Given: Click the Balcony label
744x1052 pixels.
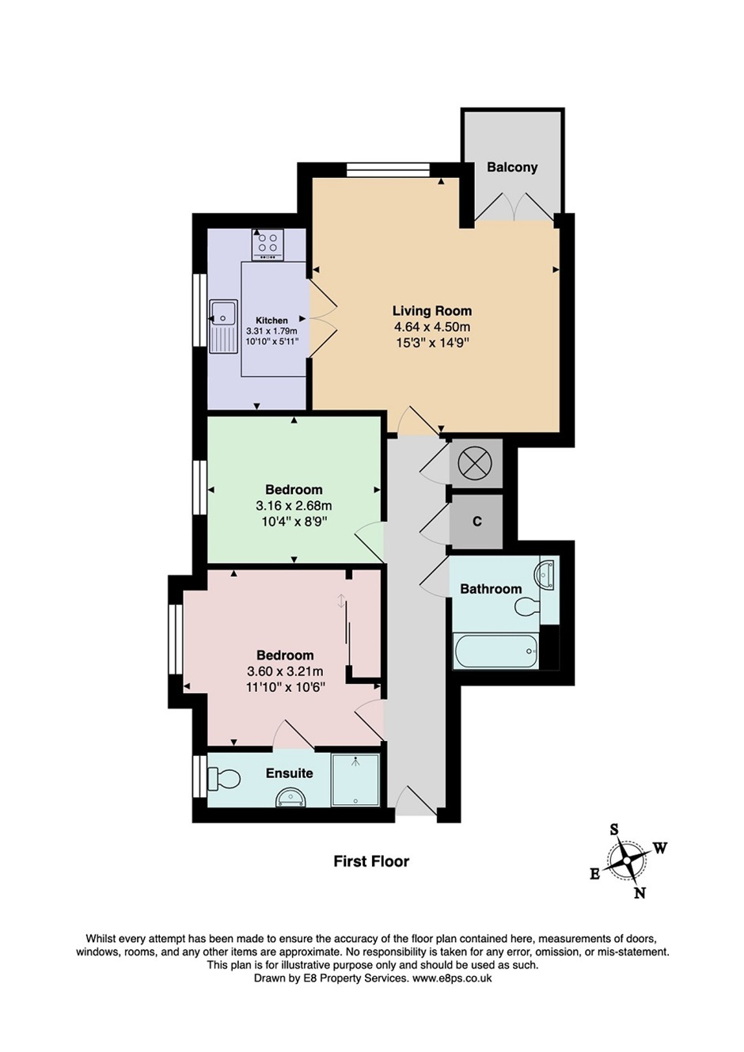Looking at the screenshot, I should coord(512,167).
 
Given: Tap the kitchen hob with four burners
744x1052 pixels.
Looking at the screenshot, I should coord(268,245).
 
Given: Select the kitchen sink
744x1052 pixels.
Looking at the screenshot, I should coord(223,325).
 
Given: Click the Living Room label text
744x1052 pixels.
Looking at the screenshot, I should coord(432,311).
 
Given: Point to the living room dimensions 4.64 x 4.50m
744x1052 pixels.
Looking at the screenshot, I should coord(432,327).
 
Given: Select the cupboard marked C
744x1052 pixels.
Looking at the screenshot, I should coord(476,522).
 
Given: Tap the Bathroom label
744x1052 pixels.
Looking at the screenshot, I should coord(491,589).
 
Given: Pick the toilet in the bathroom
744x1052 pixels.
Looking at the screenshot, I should coord(526,608).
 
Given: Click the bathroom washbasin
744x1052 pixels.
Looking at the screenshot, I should coord(547,573).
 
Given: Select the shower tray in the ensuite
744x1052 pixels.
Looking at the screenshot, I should coord(355,780).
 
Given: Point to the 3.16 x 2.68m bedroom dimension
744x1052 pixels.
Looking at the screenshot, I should coord(294,505).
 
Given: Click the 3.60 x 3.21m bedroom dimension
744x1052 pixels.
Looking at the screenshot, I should coord(285,671).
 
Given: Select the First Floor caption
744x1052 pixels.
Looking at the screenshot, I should coord(371,861).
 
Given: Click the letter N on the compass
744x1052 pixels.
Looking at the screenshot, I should coord(640,893).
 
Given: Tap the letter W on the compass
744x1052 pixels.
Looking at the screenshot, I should coord(659,848).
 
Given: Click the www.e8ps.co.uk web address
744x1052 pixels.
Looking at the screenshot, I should coord(451,978).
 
